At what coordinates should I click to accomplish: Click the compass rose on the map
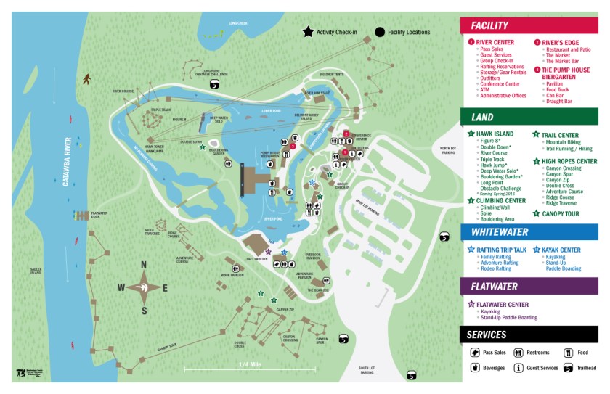tap(144, 287)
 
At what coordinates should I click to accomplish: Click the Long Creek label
tap(237, 22)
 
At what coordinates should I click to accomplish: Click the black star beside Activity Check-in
tap(309, 32)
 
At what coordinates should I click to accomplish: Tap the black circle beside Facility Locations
tap(380, 32)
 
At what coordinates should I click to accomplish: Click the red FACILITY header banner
tap(529, 25)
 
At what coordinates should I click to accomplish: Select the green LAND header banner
tap(529, 117)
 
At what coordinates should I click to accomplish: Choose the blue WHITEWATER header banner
tap(529, 231)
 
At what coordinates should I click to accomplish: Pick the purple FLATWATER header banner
tap(529, 286)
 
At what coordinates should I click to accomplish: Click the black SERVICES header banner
tap(529, 335)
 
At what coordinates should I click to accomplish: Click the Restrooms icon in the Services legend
tap(518, 353)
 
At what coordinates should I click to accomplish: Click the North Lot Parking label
tap(448, 151)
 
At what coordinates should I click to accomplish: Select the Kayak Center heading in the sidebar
tap(561, 250)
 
